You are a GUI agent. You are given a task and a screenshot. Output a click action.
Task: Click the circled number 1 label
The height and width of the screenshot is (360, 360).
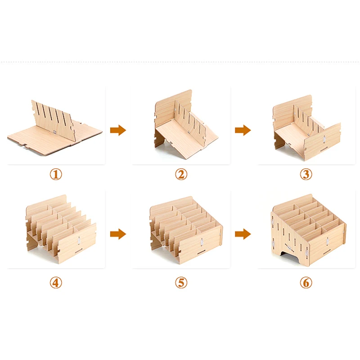click(56, 174)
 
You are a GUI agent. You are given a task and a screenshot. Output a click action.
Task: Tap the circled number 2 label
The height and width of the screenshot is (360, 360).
click(181, 174)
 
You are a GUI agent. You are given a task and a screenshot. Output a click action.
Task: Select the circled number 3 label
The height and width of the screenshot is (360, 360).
click(306, 174)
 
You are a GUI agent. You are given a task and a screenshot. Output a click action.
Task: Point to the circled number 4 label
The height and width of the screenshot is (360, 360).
click(56, 282)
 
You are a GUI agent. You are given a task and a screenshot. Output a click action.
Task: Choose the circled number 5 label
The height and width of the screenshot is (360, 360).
click(181, 282)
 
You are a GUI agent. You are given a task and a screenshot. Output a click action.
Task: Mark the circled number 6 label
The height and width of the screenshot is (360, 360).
click(306, 282)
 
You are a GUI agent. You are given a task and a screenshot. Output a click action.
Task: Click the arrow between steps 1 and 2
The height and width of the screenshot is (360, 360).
click(118, 130)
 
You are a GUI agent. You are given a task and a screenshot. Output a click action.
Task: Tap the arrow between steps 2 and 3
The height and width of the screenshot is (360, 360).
click(243, 130)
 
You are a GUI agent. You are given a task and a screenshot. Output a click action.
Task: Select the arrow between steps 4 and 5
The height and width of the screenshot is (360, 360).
click(118, 234)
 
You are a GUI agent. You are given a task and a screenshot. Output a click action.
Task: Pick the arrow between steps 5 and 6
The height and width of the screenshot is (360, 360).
click(243, 234)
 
